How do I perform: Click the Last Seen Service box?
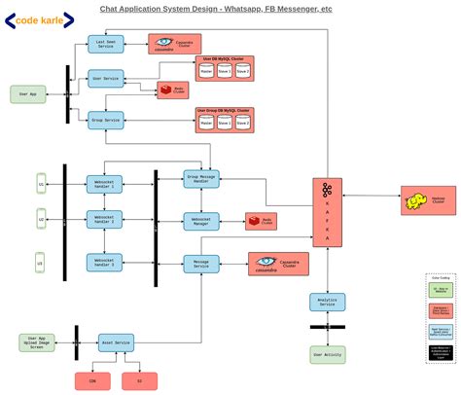coord(105,44)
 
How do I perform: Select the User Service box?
coord(105,77)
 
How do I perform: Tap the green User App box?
coord(28,94)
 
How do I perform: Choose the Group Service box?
coord(105,120)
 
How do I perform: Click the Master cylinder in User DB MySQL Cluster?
coord(206,71)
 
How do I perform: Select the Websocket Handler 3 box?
coord(105,262)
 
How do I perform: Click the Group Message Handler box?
coord(201,178)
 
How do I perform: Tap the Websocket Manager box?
coord(201,221)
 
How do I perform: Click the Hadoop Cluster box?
coord(428,200)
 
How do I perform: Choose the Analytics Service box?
coord(328,303)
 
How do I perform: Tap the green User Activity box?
coord(328,354)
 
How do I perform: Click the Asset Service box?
coord(116,342)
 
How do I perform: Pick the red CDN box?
coord(92,381)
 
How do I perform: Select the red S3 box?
coord(139,381)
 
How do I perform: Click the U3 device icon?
coord(40,261)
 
